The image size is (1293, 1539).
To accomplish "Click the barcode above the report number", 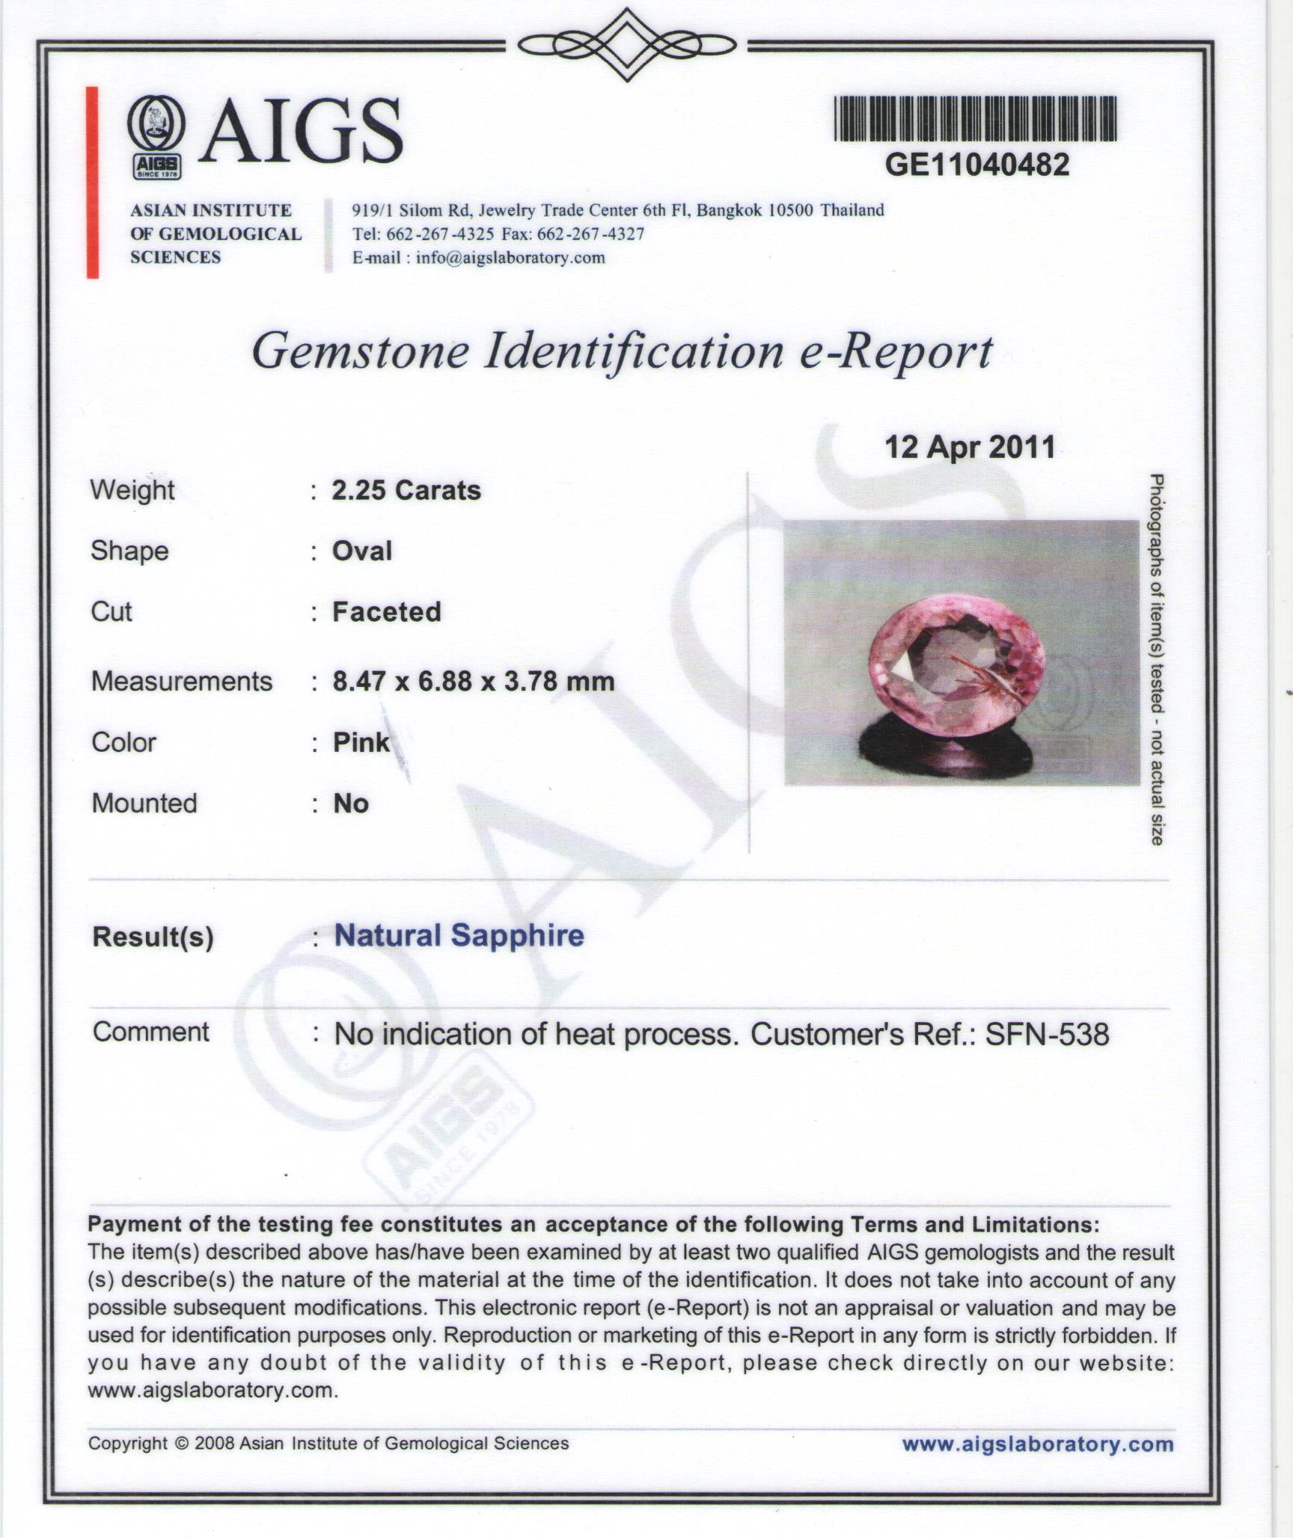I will coord(976,119).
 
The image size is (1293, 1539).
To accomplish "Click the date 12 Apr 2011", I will coord(970,447).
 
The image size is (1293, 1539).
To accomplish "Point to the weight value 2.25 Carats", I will coord(406,491).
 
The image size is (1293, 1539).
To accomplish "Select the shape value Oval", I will coord(362,551).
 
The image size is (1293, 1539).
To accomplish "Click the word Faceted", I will coord(387,612).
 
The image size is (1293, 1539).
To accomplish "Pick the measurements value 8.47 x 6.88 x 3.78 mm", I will coord(473,682).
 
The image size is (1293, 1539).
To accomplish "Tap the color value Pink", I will coord(361,742).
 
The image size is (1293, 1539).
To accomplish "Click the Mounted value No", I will coord(351,804).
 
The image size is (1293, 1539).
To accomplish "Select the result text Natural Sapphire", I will coord(459,936).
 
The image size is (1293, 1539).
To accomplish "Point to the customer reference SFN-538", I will coord(1047,1034).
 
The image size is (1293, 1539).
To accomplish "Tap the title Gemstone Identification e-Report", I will coord(622,352).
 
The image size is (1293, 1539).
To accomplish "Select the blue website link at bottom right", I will coord(1037,1444).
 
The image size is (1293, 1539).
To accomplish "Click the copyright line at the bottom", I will coord(328,1444).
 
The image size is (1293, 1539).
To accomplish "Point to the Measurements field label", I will coord(182,682).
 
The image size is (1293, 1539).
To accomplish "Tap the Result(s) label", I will coord(153,937).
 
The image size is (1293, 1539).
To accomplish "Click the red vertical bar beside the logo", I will coord(93,183).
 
